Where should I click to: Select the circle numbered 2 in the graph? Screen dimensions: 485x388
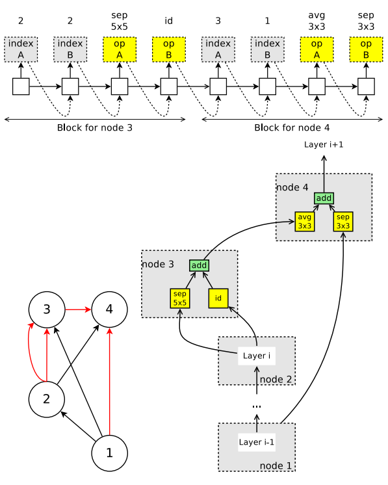point(46,398)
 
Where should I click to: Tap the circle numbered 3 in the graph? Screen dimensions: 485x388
point(46,309)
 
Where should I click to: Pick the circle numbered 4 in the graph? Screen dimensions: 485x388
point(109,309)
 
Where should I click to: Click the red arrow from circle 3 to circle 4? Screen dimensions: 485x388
point(78,309)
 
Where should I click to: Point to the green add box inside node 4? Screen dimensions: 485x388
point(324,198)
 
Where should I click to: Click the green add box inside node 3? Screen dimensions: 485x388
point(199,265)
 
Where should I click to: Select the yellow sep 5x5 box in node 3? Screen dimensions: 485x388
point(180,298)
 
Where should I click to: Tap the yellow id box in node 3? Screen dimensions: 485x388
point(218,298)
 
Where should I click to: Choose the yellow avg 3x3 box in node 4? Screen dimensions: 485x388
point(305,222)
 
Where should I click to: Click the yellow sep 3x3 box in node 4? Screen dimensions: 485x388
point(343,222)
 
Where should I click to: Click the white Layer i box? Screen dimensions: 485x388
point(257,356)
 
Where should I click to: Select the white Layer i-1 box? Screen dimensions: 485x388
point(257,442)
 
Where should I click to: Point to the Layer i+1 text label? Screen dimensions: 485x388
point(324,144)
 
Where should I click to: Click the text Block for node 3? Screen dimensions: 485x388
point(95,128)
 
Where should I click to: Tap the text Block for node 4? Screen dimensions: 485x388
point(292,128)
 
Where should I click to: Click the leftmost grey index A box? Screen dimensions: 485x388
point(21,49)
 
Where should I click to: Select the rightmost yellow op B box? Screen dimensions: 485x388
point(366,49)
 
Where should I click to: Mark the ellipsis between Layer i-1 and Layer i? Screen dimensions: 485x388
point(257,406)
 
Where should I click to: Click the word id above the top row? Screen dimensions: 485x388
point(169,21)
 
